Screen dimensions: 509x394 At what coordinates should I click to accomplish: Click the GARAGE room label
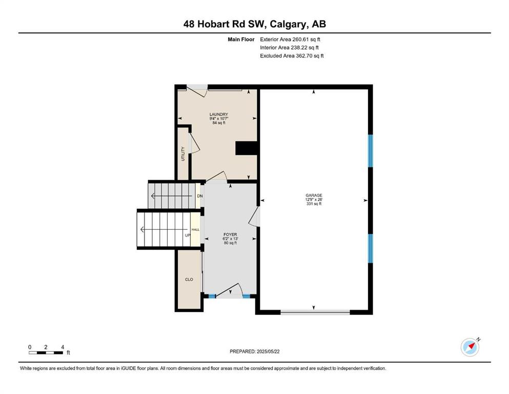[314, 195]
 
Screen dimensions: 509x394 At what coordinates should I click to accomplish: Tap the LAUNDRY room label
[218, 114]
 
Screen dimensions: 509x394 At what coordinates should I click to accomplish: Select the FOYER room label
[230, 234]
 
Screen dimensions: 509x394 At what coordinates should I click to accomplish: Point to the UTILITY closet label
[183, 153]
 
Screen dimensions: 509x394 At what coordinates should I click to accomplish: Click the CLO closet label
[189, 280]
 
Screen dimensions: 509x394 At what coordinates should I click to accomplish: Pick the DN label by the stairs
[200, 196]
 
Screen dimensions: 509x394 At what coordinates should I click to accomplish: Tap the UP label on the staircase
[188, 235]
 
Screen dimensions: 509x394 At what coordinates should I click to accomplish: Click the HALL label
[195, 230]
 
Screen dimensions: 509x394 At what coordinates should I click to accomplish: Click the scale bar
[46, 353]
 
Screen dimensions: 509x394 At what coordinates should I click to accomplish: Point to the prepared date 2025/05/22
[268, 351]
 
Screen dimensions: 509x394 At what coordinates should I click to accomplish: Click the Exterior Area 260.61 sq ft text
[290, 40]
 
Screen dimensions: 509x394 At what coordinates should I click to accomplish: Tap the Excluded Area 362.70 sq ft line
[292, 55]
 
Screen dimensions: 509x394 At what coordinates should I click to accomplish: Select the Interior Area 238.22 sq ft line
[289, 47]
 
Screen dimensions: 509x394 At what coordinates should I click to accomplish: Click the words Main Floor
[241, 40]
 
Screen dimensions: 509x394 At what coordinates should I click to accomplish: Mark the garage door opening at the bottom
[315, 312]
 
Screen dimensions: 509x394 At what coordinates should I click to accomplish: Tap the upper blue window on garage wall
[371, 151]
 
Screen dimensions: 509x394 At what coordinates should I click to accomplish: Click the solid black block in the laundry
[247, 148]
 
